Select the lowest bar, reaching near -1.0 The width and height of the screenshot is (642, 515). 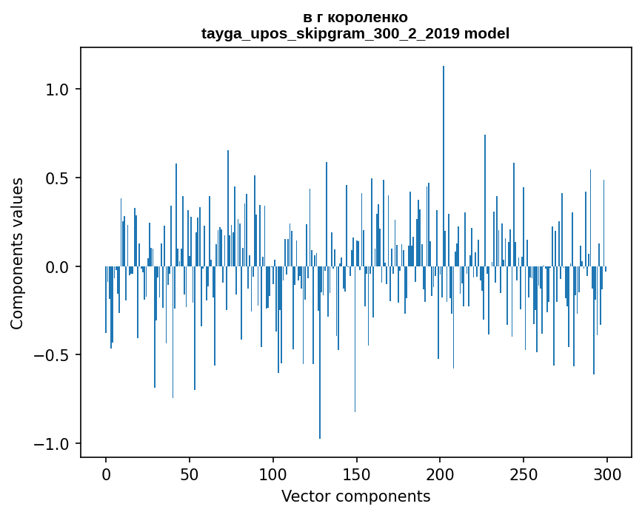320,355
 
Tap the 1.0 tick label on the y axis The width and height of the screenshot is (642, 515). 58,90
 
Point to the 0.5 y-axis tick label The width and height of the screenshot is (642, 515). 58,178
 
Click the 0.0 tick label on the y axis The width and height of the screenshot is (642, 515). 58,267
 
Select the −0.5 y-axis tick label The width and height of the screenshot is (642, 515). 53,356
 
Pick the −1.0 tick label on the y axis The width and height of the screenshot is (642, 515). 53,444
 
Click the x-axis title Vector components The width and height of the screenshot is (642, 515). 355,497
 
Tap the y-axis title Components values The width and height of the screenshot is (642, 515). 17,253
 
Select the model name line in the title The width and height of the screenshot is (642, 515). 355,33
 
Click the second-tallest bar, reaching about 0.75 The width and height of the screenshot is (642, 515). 485,200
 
